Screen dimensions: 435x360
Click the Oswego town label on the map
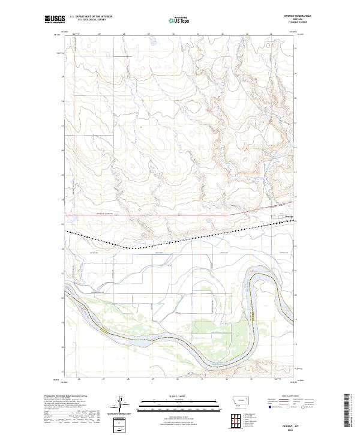point(289,216)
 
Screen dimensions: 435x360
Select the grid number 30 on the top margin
point(173,34)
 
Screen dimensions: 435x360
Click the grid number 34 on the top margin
point(271,34)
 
